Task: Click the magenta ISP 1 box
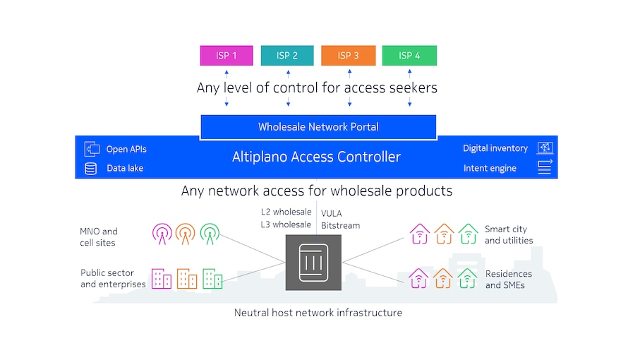(x=226, y=56)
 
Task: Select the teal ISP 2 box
(x=286, y=56)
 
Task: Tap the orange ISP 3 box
(x=348, y=56)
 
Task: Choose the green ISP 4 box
(x=409, y=56)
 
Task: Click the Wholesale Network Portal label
(x=318, y=127)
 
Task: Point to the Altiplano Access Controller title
(x=316, y=157)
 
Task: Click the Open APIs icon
(x=91, y=149)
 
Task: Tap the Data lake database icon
(x=90, y=169)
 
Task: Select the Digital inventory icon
(x=545, y=148)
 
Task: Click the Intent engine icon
(x=545, y=167)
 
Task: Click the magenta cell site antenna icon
(x=162, y=232)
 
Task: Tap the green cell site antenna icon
(x=210, y=232)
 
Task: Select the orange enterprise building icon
(x=186, y=278)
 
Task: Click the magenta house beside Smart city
(x=419, y=234)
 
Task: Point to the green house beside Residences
(x=466, y=277)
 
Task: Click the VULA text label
(x=331, y=212)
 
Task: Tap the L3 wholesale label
(x=286, y=224)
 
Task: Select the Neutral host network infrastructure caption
(x=318, y=312)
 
